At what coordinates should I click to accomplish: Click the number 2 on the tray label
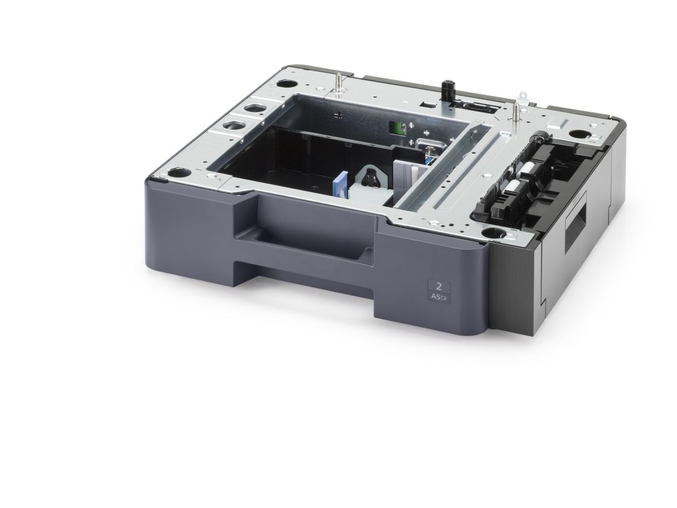pyautogui.click(x=438, y=286)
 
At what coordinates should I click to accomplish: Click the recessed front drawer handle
pyautogui.click(x=305, y=234)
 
